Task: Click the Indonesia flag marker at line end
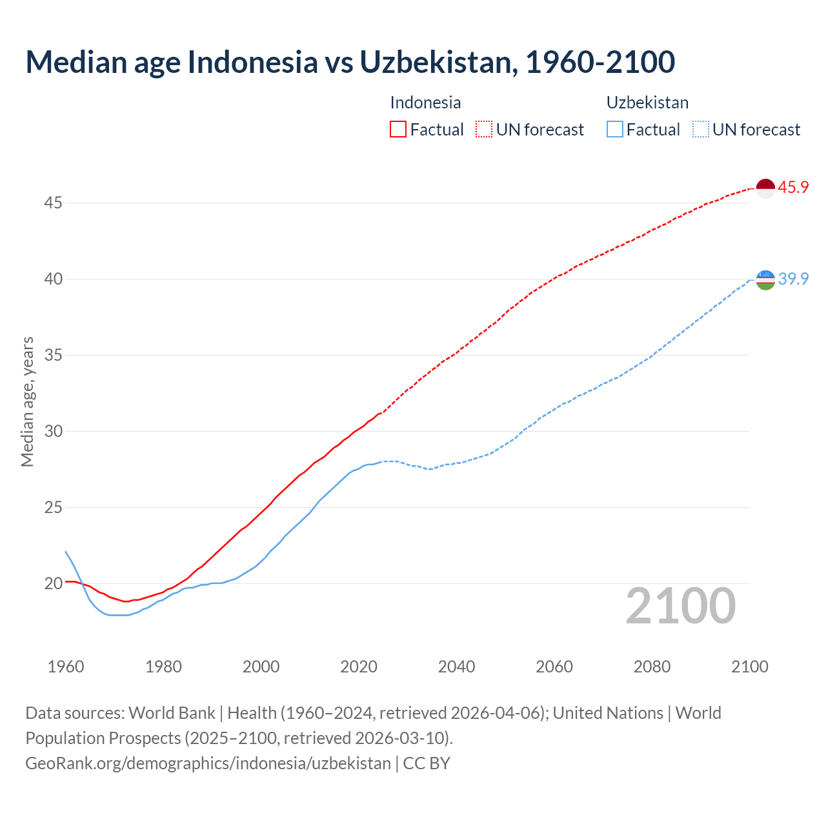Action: pos(765,188)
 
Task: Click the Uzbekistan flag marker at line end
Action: pos(765,279)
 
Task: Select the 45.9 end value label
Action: pos(793,188)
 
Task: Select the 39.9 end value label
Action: pos(793,279)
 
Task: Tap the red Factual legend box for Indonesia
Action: pos(398,130)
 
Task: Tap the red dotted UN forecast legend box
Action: pos(484,130)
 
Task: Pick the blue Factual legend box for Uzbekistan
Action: pos(615,130)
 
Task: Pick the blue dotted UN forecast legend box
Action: pos(700,130)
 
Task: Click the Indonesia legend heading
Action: pos(425,103)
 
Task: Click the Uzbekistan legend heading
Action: pos(647,103)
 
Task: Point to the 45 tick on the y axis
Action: pos(53,203)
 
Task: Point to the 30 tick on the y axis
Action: pos(53,431)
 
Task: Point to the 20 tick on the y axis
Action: pos(53,583)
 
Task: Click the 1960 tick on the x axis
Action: pos(66,667)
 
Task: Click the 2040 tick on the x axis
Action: pos(456,667)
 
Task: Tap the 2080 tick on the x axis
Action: pos(652,667)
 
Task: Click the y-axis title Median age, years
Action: pos(27,401)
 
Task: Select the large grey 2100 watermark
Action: pos(681,606)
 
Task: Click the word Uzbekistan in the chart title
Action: pos(438,62)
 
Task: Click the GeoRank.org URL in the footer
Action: pos(208,763)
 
